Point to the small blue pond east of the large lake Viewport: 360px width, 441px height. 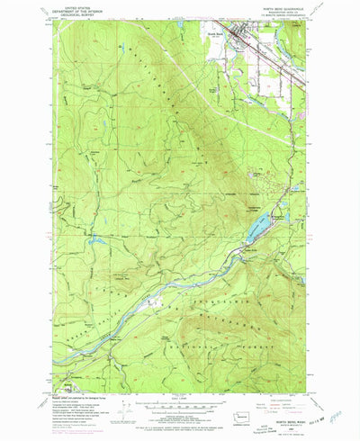286,216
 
